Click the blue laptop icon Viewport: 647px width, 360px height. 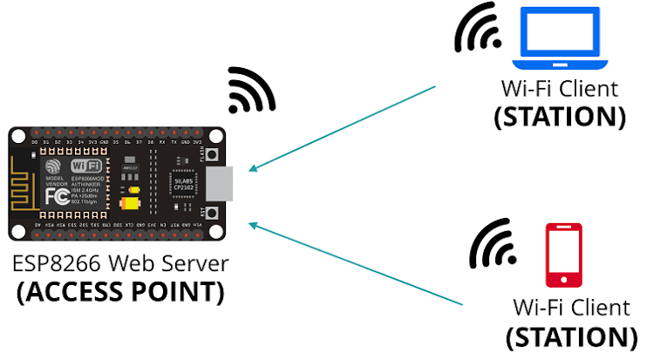pyautogui.click(x=561, y=38)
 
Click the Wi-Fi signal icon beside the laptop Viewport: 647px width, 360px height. pyautogui.click(x=478, y=30)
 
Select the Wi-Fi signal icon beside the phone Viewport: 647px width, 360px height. pyautogui.click(x=494, y=246)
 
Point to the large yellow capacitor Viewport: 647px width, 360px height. pyautogui.click(x=131, y=202)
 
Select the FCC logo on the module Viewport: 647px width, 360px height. pyautogui.click(x=54, y=196)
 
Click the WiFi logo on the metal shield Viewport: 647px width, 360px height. pyautogui.click(x=86, y=165)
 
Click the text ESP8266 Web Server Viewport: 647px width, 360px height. pyautogui.click(x=119, y=263)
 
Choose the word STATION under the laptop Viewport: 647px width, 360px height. pyautogui.click(x=559, y=117)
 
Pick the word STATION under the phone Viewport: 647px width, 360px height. pyautogui.click(x=566, y=336)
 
